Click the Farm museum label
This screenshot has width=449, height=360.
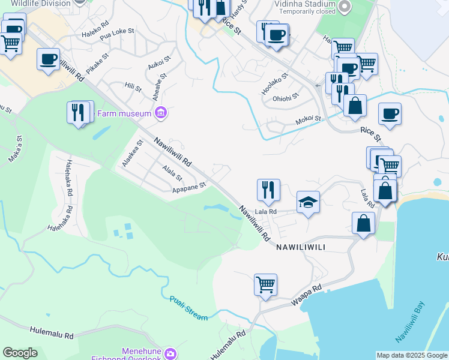127,112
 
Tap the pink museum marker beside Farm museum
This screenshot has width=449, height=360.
160,113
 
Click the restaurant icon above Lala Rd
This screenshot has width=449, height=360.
268,190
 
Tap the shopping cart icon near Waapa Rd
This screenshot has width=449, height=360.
265,284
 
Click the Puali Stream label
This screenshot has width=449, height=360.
188,308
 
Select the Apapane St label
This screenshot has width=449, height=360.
189,187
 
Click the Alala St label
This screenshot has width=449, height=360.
172,173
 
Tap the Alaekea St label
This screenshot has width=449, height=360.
133,154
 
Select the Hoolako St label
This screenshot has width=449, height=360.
275,83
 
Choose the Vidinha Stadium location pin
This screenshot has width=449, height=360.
344,7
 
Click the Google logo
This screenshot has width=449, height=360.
20,353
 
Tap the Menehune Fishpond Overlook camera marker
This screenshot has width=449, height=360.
170,354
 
